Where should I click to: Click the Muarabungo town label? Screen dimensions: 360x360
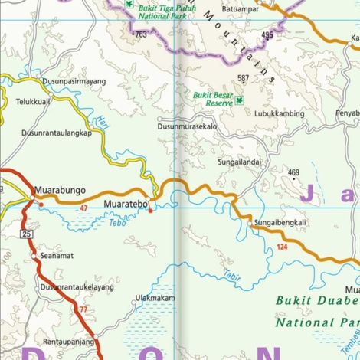60,191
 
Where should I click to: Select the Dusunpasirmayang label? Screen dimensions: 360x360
74,80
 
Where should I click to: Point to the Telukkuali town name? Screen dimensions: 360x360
34,100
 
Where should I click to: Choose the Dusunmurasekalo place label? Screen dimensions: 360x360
188,126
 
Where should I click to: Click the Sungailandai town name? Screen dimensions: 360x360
239,162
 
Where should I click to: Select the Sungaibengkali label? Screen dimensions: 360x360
280,223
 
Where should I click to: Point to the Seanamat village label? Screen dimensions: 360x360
57,256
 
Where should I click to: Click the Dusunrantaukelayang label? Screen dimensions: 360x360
77,286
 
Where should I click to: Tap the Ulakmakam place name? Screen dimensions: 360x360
155,298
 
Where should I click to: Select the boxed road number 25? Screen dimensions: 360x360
27,234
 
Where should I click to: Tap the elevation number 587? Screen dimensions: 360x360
243,78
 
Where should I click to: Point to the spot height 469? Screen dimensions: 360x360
293,172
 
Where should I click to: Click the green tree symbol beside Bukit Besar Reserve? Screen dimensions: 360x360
239,100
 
